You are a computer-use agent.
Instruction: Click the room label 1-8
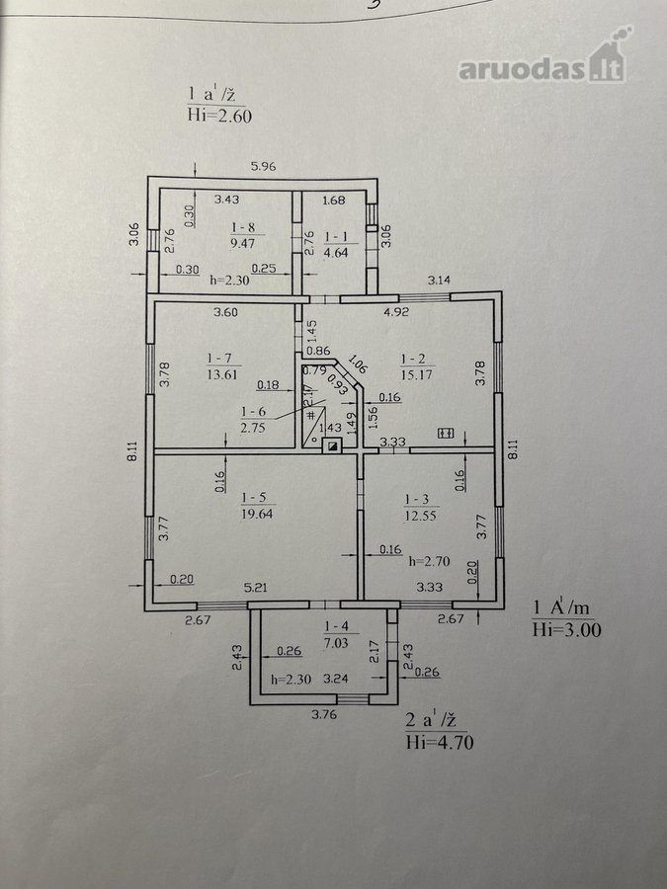point(243,227)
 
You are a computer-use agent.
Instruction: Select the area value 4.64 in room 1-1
point(335,252)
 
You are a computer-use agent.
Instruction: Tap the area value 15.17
point(416,374)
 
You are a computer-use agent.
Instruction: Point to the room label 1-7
point(219,359)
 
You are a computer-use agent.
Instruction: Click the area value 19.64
point(256,514)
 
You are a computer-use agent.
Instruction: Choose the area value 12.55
point(420,516)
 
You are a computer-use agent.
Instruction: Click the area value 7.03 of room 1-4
point(336,643)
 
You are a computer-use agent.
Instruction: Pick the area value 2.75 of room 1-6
point(252,428)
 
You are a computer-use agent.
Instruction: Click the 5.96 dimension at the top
point(263,166)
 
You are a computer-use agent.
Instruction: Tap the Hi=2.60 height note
point(219,116)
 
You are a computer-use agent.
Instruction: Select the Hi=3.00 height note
point(566,629)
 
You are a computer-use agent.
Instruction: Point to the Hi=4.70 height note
point(440,742)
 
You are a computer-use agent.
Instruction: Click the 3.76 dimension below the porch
point(324,714)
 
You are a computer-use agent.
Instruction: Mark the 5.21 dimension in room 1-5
point(255,588)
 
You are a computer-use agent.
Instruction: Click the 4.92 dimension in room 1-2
point(396,311)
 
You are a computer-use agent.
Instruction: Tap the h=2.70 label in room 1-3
point(430,561)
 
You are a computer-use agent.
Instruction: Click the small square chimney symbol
point(332,446)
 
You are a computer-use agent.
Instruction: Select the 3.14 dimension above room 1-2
point(439,280)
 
